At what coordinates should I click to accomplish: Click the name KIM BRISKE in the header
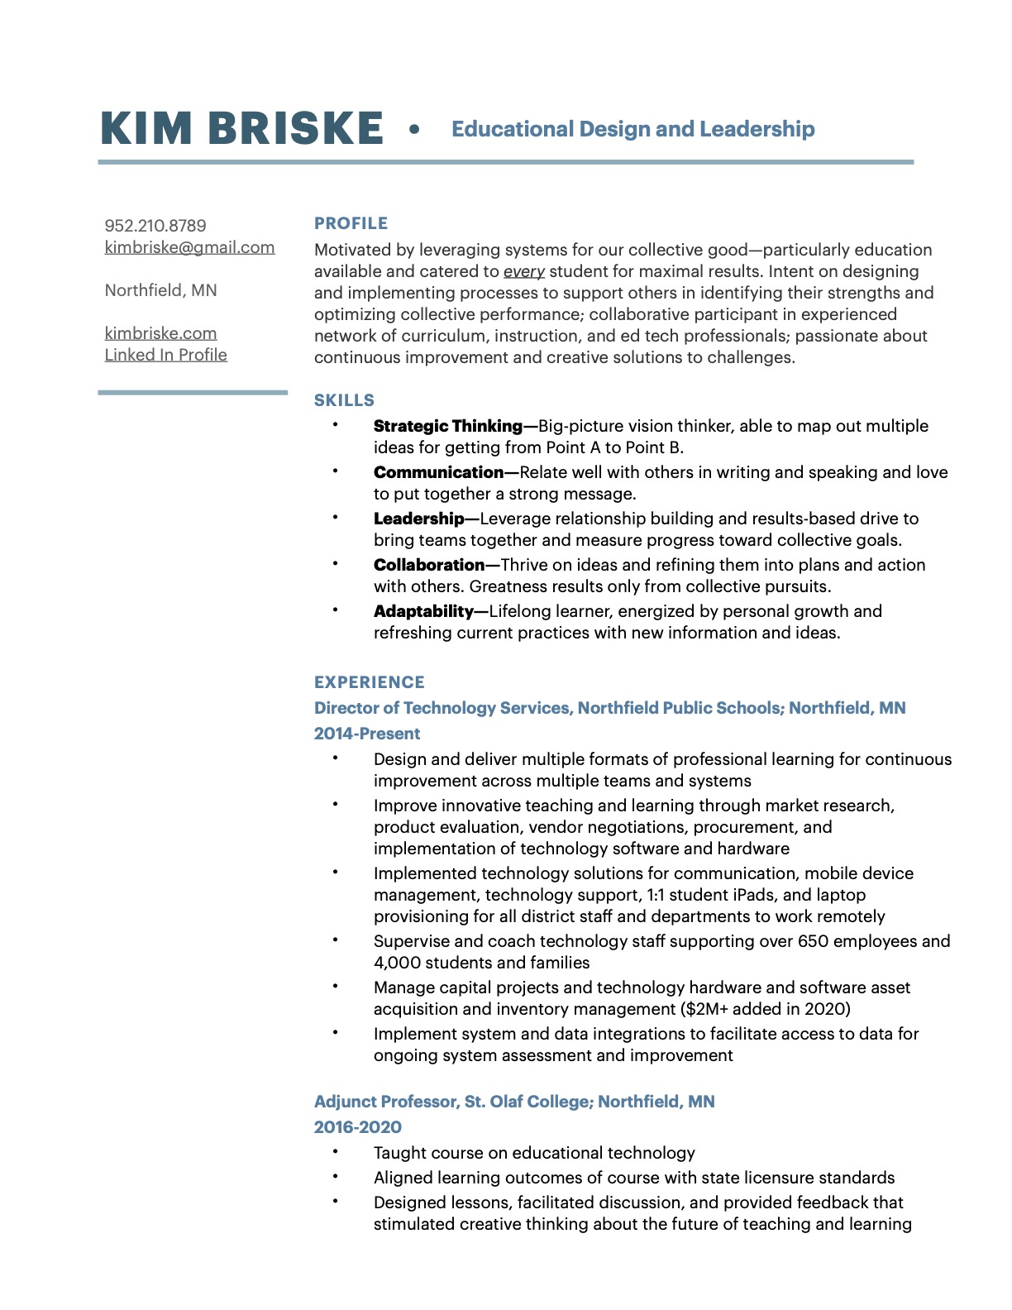coord(241,129)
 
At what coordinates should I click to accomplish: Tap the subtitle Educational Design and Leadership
coord(632,129)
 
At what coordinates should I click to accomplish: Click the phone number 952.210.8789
coord(155,226)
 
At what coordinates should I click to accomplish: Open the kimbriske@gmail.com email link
coord(189,247)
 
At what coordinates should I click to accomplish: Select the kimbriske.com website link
coord(160,333)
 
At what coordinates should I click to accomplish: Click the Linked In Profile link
coord(165,355)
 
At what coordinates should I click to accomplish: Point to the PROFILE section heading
coord(351,223)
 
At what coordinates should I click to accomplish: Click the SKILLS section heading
coord(344,400)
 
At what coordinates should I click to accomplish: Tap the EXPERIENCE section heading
coord(369,682)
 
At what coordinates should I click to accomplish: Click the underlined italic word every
coord(524,271)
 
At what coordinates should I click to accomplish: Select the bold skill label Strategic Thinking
coord(447,426)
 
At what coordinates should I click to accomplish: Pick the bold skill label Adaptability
coord(423,611)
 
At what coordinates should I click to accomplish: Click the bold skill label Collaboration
coord(428,565)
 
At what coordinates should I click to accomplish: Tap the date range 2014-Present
coord(366,734)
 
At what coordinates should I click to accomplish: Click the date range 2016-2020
coord(357,1127)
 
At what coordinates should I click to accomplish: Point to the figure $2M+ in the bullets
coord(707,1009)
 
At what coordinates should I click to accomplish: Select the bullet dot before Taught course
coord(336,1151)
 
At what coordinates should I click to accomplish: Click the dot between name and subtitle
coord(414,129)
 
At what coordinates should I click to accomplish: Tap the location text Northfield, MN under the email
coord(160,290)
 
